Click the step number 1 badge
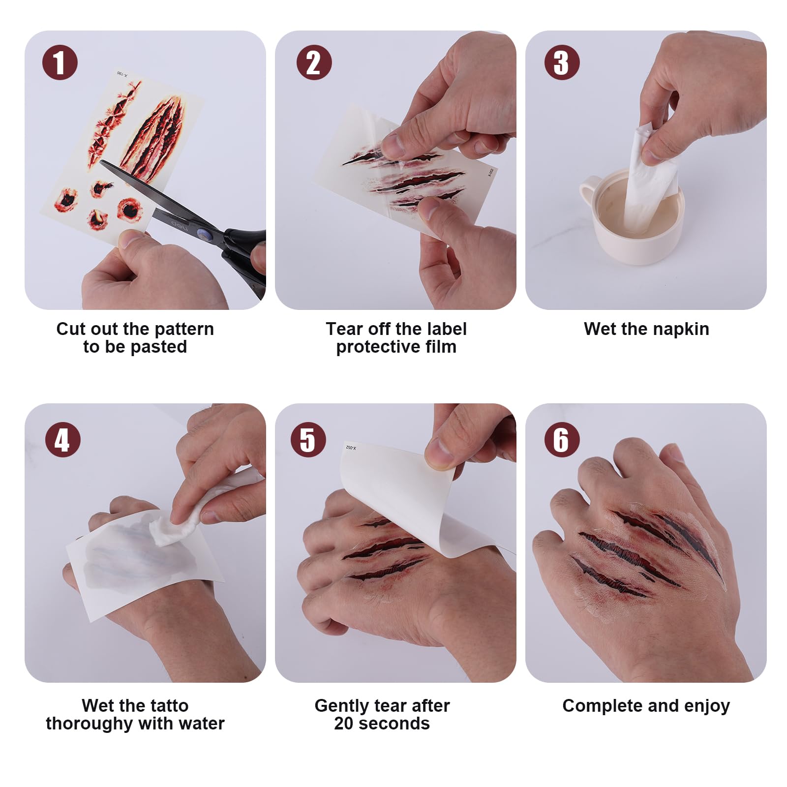tap(60, 62)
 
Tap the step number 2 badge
tap(314, 62)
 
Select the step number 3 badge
tap(562, 62)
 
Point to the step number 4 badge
tap(62, 440)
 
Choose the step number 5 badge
tap(308, 440)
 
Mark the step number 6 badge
tap(562, 440)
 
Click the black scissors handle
tap(246, 261)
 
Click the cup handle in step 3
tap(589, 192)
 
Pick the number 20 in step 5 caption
tap(344, 724)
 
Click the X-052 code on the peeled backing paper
tap(351, 448)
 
